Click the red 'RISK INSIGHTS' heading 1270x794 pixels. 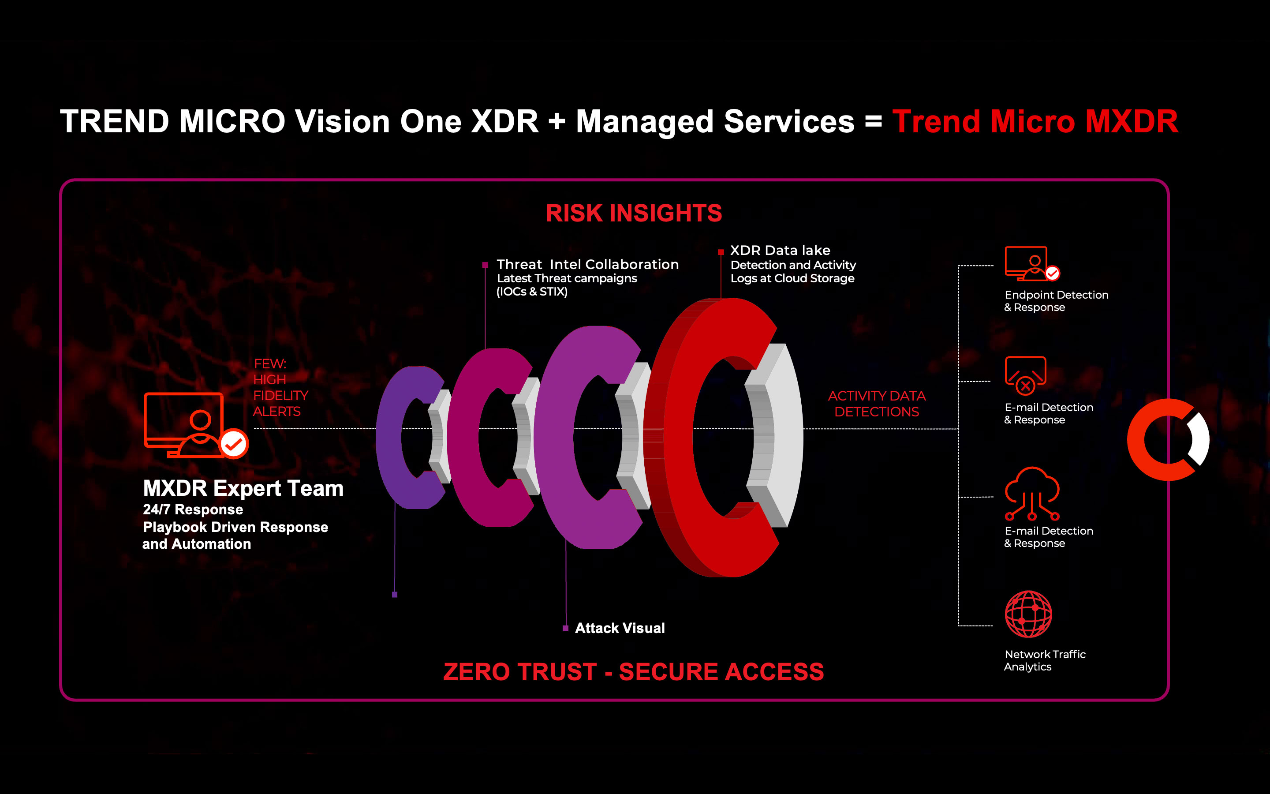(634, 213)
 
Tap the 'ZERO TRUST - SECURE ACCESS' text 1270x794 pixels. (633, 672)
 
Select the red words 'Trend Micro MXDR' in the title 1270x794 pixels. (1035, 121)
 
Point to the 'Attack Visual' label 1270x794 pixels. (620, 628)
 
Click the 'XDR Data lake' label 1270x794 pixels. (781, 251)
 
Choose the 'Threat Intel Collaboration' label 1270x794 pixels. (588, 264)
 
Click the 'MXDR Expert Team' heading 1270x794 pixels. (243, 488)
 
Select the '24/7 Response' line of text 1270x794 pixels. (193, 509)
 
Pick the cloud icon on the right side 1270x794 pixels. (1032, 493)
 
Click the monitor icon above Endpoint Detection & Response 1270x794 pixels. (1031, 264)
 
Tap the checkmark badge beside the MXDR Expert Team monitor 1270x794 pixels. (234, 444)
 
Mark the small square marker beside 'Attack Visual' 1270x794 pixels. (565, 628)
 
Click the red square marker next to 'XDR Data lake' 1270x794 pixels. (721, 252)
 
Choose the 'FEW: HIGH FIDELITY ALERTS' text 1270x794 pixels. (280, 388)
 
